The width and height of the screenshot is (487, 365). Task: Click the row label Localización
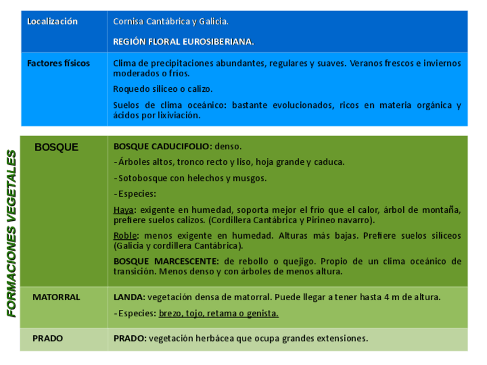[52, 22]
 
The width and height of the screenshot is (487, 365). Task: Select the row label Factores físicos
[59, 64]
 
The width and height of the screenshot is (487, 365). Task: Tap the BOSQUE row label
[56, 147]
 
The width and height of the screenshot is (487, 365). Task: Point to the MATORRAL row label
[56, 297]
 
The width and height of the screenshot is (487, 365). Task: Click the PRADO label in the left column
[48, 339]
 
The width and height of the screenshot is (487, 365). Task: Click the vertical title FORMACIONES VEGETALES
[11, 234]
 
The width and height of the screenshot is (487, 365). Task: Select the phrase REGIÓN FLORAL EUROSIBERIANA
[183, 42]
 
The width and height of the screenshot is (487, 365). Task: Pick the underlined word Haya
[123, 210]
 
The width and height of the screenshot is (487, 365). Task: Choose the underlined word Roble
[125, 236]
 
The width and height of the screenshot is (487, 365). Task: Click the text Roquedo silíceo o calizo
[163, 89]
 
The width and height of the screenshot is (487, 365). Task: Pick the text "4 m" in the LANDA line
[391, 297]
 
